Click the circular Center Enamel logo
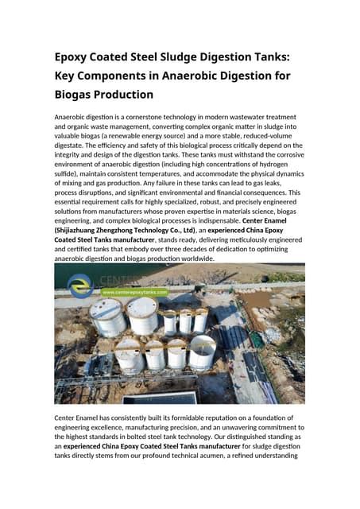pyautogui.click(x=80, y=282)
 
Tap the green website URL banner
pyautogui.click(x=134, y=293)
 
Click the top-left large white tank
pyautogui.click(x=108, y=317)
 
